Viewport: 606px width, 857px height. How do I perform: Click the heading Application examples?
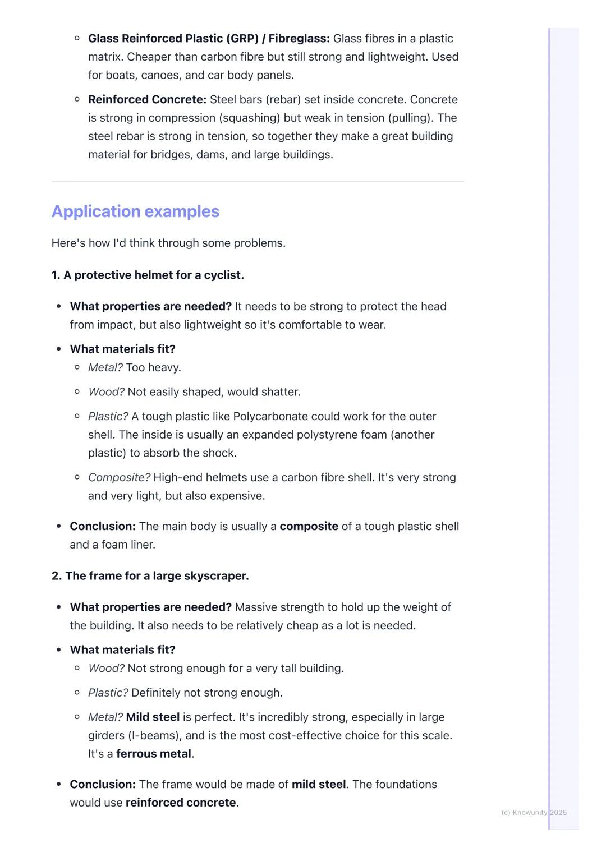click(135, 211)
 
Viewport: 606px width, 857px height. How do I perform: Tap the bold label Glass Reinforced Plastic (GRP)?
click(173, 39)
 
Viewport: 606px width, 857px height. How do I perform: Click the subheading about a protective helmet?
click(148, 275)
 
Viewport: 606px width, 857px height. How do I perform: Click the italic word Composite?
click(119, 478)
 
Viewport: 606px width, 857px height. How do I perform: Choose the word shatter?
click(280, 392)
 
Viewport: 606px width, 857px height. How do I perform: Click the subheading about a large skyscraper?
click(150, 576)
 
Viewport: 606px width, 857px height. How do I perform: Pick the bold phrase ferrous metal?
click(154, 754)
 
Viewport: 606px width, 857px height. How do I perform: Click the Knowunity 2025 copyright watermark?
click(534, 813)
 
